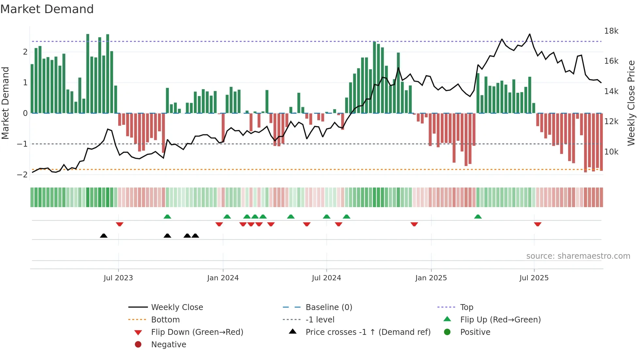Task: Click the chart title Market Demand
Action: click(47, 9)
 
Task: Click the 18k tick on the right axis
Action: click(611, 31)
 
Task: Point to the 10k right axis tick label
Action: click(611, 152)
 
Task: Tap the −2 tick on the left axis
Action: click(22, 175)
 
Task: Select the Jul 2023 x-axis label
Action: click(118, 278)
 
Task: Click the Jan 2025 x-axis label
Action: click(431, 278)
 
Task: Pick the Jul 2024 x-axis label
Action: click(326, 278)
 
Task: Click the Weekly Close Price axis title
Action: click(631, 103)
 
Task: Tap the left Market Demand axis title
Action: click(6, 103)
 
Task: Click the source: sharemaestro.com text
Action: click(578, 256)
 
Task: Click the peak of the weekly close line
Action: click(530, 34)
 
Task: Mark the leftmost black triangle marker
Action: click(104, 236)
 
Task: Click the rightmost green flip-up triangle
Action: click(478, 217)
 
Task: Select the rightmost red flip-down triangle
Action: click(537, 224)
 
